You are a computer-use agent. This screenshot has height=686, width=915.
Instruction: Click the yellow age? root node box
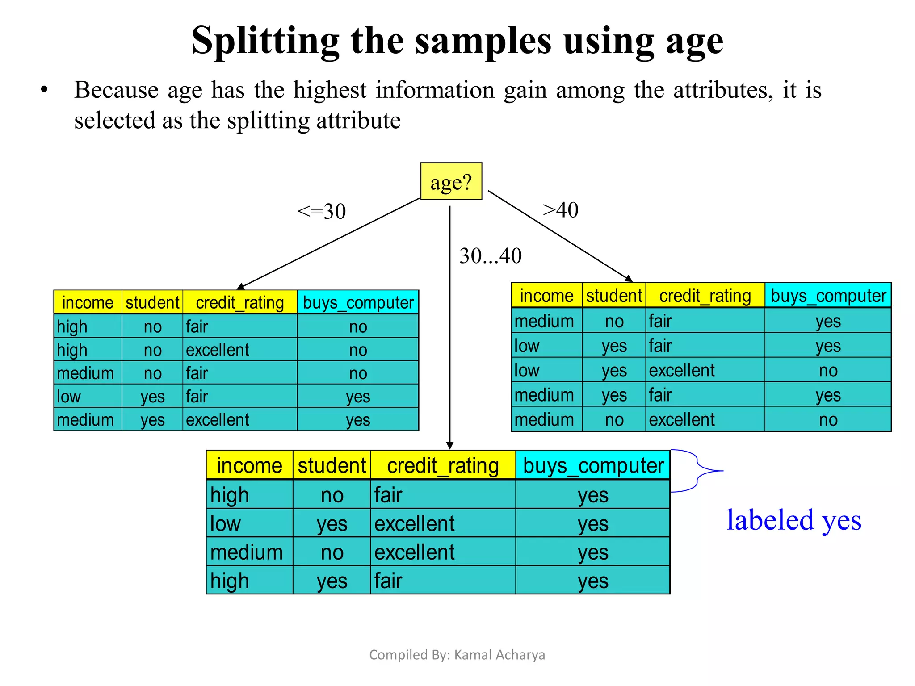click(x=451, y=181)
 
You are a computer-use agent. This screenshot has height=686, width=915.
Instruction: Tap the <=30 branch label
click(x=322, y=211)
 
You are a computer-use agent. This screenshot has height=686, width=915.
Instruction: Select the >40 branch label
click(x=560, y=209)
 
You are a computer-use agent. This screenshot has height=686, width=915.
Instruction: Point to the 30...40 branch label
click(x=490, y=256)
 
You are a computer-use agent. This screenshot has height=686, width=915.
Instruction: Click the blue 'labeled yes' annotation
click(x=793, y=520)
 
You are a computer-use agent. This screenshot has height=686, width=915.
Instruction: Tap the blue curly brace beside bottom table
click(x=698, y=471)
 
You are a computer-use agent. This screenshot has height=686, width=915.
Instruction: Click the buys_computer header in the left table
click(x=358, y=302)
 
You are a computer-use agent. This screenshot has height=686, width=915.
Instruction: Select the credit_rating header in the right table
click(x=705, y=296)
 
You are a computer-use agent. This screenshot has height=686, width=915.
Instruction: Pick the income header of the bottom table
click(x=249, y=465)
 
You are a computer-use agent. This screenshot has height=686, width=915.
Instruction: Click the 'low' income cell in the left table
click(x=69, y=397)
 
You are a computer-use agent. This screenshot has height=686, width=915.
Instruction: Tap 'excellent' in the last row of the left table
click(x=218, y=420)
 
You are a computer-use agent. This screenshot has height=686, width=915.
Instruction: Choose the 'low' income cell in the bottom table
click(x=225, y=523)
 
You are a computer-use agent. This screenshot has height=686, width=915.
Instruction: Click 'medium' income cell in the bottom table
click(x=247, y=552)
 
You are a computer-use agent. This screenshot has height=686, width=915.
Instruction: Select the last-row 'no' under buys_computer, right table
click(x=828, y=420)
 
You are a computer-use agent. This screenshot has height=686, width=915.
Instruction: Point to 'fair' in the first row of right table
click(x=660, y=321)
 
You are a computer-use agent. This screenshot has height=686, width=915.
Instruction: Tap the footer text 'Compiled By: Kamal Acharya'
click(x=457, y=654)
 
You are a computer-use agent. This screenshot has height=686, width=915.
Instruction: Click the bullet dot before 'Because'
click(x=44, y=90)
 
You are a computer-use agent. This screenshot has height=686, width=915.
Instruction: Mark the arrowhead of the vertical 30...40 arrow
click(x=450, y=446)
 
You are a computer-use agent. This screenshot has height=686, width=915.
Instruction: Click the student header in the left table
click(x=152, y=302)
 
